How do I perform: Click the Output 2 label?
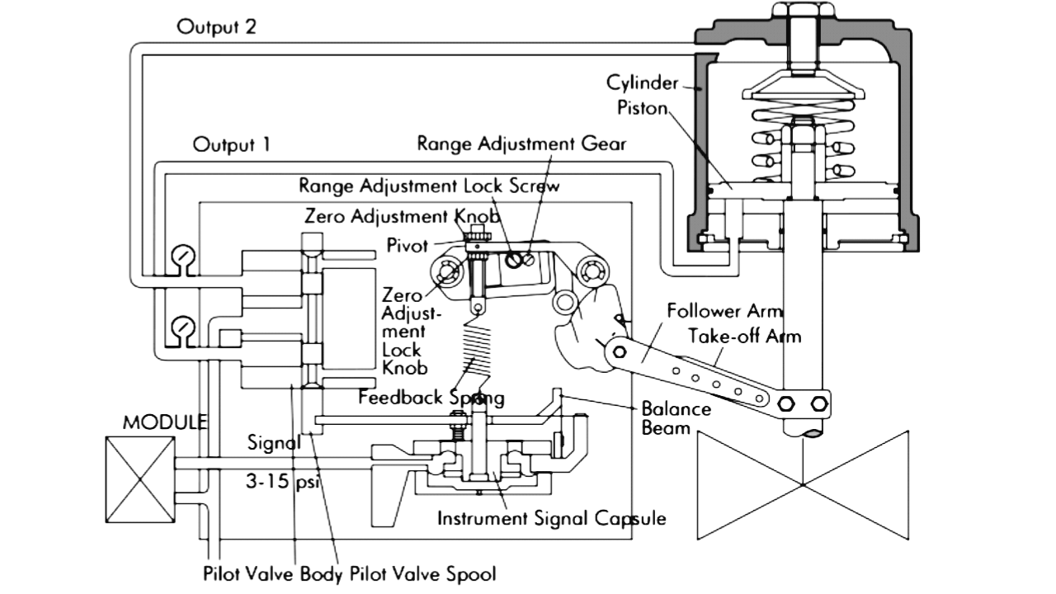[x=216, y=26]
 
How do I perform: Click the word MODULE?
[x=165, y=422]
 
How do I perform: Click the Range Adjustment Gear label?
[x=521, y=143]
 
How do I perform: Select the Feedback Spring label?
[x=431, y=397]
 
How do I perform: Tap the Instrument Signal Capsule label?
[x=550, y=519]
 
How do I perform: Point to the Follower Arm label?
[x=724, y=312]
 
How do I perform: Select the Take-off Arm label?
[x=744, y=336]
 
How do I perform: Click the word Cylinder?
[x=643, y=82]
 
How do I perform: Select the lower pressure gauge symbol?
[x=179, y=329]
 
